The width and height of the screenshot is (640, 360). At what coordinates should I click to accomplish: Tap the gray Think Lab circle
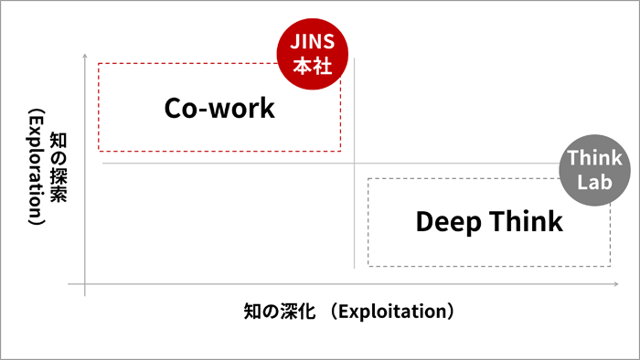(595, 171)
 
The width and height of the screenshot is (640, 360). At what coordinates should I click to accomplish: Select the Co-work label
(219, 108)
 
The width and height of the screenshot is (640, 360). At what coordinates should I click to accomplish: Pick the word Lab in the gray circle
(595, 182)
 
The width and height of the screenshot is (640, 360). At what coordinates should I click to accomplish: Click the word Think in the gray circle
(595, 159)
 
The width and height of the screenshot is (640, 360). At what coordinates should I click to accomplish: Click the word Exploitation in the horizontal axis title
(391, 312)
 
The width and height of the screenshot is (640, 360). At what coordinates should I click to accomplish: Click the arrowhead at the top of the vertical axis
(85, 57)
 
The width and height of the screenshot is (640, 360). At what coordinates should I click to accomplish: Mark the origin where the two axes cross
(85, 286)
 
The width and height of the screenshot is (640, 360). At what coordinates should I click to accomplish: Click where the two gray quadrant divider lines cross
(354, 163)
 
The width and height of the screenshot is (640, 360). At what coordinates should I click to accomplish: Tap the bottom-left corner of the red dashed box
(99, 151)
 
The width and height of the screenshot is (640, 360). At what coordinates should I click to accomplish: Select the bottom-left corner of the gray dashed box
(368, 266)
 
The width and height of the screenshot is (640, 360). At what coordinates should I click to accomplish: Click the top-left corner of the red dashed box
(99, 63)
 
